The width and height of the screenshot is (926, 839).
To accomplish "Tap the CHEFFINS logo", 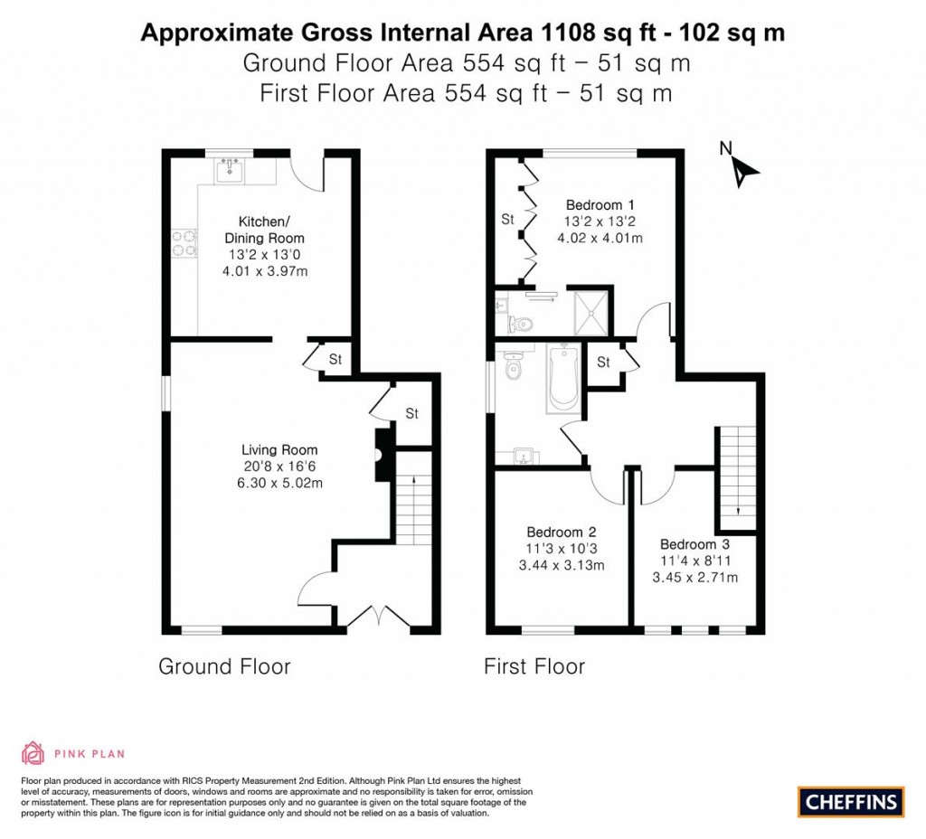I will click(850, 801).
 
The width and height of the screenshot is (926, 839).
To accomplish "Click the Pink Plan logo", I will click(73, 752).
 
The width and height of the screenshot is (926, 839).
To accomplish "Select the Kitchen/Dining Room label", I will click(264, 230).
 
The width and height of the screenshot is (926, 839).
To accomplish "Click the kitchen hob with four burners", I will click(185, 243).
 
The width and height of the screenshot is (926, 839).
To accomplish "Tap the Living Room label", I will click(279, 449).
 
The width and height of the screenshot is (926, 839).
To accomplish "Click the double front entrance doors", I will click(377, 617).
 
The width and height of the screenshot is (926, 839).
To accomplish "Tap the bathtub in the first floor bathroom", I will click(562, 377).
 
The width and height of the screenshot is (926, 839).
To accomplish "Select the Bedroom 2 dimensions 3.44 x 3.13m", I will click(561, 566).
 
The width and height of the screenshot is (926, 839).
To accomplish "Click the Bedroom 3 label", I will click(694, 544).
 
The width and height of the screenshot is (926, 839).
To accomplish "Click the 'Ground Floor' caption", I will click(224, 667).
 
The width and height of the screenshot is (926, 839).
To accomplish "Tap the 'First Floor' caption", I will click(534, 667).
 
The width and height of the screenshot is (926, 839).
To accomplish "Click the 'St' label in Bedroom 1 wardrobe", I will click(507, 219).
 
